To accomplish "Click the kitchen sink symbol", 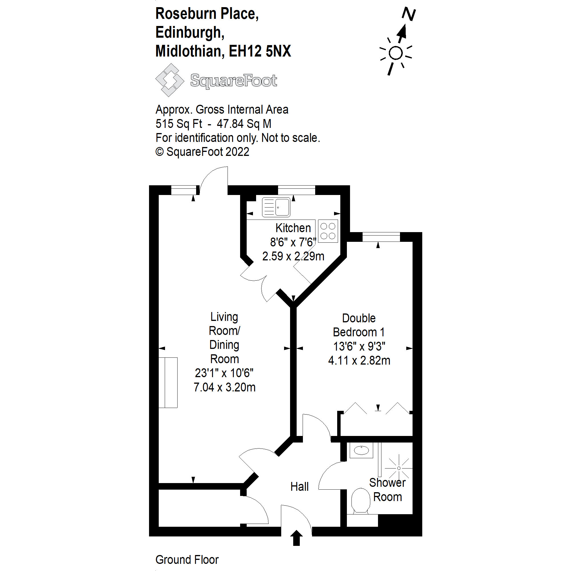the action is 276,208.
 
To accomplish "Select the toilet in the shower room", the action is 361,501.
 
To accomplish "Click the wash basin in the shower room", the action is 361,451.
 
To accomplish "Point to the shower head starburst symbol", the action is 399,468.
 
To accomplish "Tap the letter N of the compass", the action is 409,14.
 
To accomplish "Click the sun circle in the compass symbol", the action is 396,53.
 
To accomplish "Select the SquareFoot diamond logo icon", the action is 169,80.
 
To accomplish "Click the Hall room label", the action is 299,487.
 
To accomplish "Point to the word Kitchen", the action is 293,228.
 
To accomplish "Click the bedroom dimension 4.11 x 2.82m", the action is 359,361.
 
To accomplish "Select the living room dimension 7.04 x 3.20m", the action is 224,387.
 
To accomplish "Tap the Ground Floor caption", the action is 187,560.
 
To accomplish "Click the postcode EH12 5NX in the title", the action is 260,51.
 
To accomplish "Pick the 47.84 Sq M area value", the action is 244,124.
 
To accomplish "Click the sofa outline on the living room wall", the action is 168,383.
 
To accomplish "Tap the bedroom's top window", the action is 381,237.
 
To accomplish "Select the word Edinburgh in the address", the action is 190,33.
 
